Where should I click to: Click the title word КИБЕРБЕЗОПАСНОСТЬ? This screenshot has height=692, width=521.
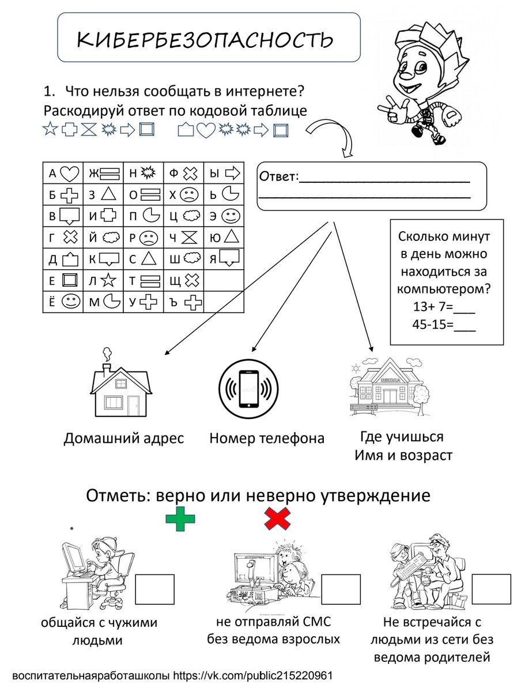tap(205, 40)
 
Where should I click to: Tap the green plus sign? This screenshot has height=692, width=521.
tap(180, 521)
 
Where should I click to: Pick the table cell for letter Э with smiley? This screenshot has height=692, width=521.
tap(224, 216)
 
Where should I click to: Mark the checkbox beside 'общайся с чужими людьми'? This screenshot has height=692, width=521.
tap(154, 589)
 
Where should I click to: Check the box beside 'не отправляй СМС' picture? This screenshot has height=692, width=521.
tap(341, 589)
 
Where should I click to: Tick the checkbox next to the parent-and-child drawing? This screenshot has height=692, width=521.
tap(491, 589)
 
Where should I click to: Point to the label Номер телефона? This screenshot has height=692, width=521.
tap(267, 438)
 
